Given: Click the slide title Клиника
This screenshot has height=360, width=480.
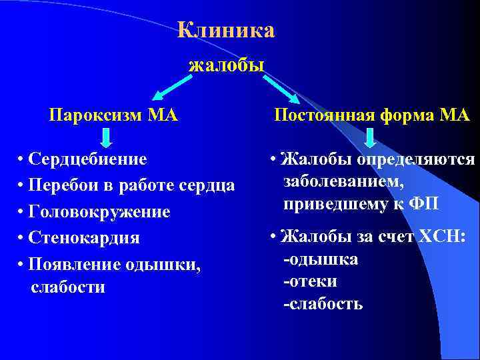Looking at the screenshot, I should [226, 31].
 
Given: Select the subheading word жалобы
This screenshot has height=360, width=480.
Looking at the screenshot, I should [227, 65].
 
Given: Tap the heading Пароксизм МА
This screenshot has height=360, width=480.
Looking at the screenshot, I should [113, 115].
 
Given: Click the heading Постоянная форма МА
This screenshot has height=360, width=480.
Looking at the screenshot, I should [373, 115].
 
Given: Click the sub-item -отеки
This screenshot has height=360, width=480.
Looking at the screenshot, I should [310, 281].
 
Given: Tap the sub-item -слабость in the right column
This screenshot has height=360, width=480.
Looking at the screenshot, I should [323, 304].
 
